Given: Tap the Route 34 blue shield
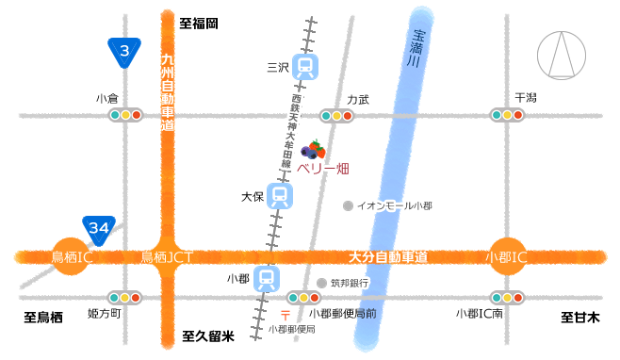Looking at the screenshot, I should click(99, 228).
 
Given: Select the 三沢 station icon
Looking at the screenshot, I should click(304, 66).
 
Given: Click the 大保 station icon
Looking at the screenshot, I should click(278, 196).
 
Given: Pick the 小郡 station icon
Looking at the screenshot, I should click(268, 278).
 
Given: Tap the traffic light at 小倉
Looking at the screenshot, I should click(125, 115).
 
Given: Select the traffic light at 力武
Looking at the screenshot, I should click(335, 115).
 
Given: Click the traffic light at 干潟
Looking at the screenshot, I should click(508, 115).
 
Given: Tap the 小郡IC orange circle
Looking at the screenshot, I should click(505, 256).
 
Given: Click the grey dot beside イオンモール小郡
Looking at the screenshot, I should click(348, 205).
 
